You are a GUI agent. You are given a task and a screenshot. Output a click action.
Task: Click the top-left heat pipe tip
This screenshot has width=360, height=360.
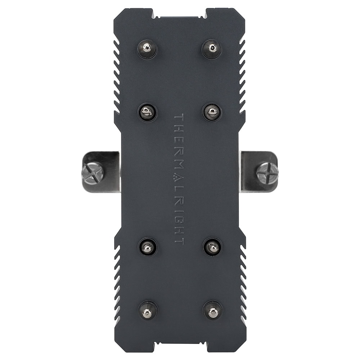[x=147, y=49]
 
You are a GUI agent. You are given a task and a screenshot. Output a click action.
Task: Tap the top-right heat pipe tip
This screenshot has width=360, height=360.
[x=211, y=49]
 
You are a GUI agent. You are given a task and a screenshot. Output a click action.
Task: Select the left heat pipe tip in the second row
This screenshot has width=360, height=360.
[x=148, y=112]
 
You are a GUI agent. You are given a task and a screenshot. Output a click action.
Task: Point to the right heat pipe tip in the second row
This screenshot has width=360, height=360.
[x=212, y=112]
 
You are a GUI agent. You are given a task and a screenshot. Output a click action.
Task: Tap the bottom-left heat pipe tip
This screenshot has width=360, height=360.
[x=148, y=310]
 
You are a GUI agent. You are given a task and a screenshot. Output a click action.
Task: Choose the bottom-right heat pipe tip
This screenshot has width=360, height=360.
[x=212, y=310]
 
